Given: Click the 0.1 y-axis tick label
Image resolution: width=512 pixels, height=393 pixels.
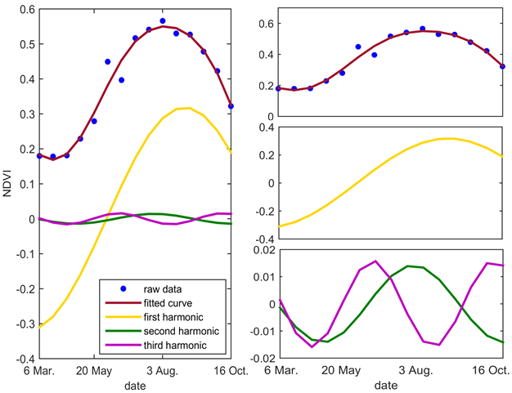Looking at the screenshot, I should pyautogui.click(x=24, y=185).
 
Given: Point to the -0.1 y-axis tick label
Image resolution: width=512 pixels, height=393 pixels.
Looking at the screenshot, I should pyautogui.click(x=22, y=254).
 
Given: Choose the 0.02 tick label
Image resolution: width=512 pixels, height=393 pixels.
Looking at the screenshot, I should pyautogui.click(x=263, y=249).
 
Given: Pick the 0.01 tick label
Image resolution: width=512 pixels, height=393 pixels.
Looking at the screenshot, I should pyautogui.click(x=263, y=276).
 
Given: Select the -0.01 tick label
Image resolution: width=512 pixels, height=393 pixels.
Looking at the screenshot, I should pyautogui.click(x=261, y=331).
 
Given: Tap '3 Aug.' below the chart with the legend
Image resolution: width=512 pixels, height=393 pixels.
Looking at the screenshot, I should pyautogui.click(x=164, y=370).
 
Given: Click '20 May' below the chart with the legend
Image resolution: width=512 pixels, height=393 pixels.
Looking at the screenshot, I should pyautogui.click(x=94, y=370).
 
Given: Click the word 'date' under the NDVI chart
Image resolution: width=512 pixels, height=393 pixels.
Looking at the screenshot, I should pyautogui.click(x=137, y=384).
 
